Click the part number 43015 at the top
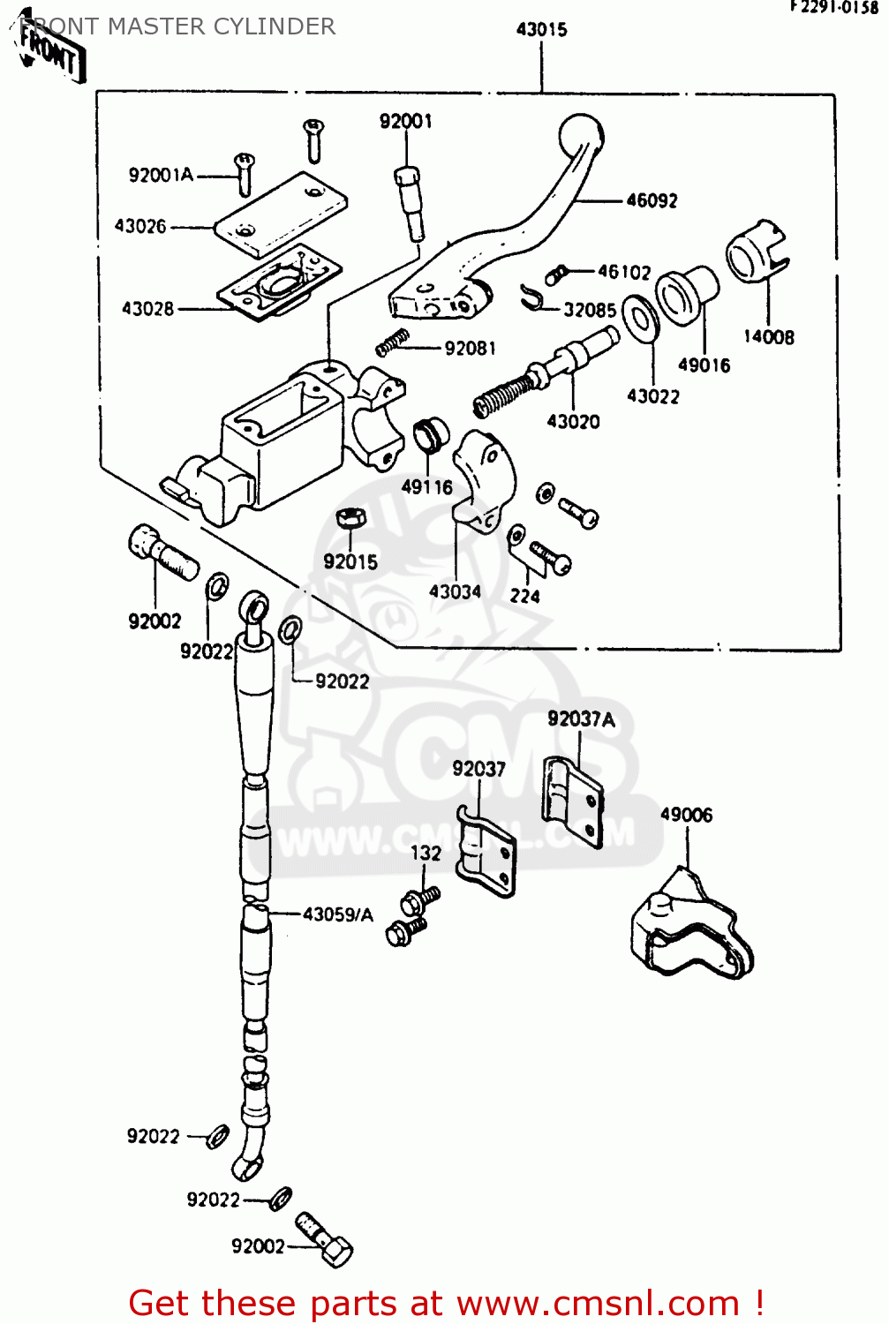point(541,29)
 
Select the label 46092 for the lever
point(652,200)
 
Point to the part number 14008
point(768,336)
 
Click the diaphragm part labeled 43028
point(279,282)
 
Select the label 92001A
point(161,175)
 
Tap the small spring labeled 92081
point(392,342)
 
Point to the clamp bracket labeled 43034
point(481,481)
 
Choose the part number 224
point(524,596)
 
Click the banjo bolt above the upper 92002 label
point(162,553)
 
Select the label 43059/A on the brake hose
point(337,914)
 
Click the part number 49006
point(686,815)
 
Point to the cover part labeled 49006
point(689,927)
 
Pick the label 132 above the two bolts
point(426,853)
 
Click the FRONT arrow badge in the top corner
point(51,55)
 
